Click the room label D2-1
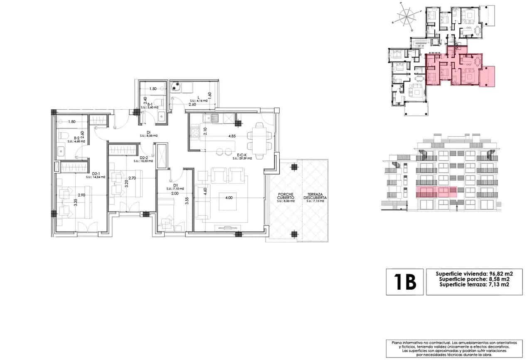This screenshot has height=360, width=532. click(96, 175)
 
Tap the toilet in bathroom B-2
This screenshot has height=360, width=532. click(62, 136)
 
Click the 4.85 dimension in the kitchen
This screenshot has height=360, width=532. click(232, 136)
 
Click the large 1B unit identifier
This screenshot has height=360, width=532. click(404, 282)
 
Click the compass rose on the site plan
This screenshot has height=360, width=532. click(404, 17)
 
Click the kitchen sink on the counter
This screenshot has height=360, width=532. click(211, 118)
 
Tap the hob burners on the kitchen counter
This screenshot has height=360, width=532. click(195, 134)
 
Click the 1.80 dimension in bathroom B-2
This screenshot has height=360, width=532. click(71, 122)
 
